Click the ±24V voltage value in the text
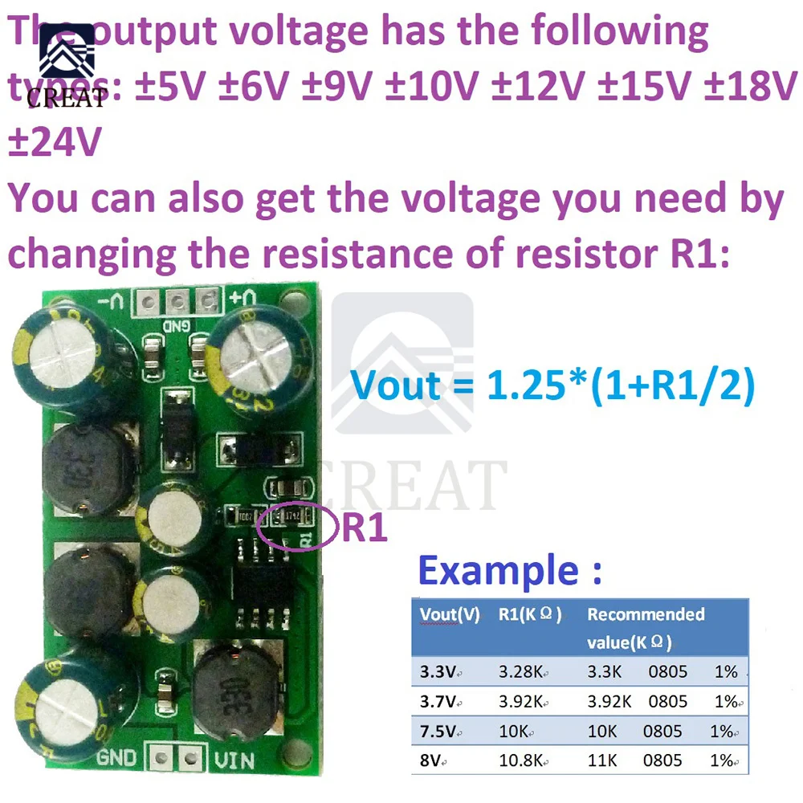coord(55,143)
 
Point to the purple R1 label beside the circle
coord(365,529)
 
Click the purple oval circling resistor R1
coord(296,527)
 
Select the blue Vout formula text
coord(553,385)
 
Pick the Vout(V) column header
coord(450,615)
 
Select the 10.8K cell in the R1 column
coord(523,760)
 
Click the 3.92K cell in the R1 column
coord(523,701)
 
